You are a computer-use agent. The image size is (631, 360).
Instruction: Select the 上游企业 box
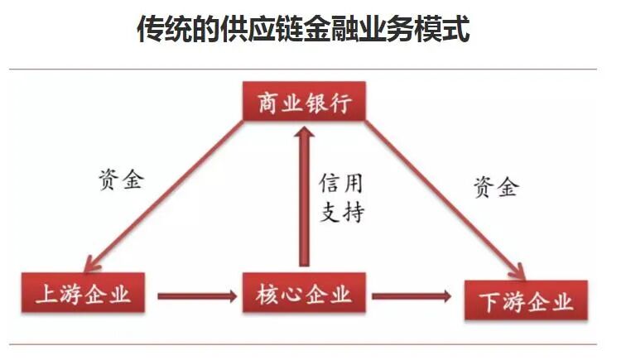pos(83,294)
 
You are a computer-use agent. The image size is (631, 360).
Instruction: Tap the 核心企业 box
pos(304,294)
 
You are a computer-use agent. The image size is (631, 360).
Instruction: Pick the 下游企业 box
pos(526,301)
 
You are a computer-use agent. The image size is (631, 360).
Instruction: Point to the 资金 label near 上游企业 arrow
pos(120,180)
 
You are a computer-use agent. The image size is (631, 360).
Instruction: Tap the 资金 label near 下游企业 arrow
pos(495,186)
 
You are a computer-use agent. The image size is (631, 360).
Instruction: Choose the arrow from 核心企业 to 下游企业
pos(412,295)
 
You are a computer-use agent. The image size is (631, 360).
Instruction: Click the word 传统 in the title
pos(165,31)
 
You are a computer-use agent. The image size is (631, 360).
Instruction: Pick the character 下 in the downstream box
pos(489,302)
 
